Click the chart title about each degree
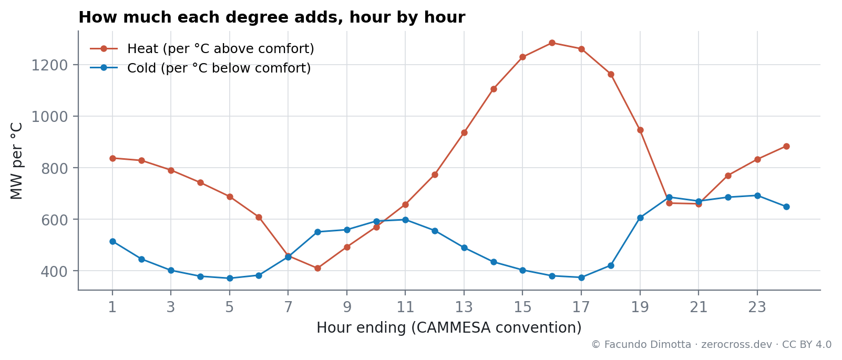click(x=272, y=17)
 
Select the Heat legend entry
click(x=202, y=49)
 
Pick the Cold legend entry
click(x=201, y=68)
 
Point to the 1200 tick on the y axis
click(x=49, y=65)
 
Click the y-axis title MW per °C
click(x=16, y=161)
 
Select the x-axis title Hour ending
click(x=449, y=328)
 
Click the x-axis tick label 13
click(x=464, y=307)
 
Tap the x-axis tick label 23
click(x=757, y=307)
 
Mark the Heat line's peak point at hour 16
click(x=552, y=43)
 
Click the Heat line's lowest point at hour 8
click(x=317, y=269)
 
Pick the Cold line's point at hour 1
click(x=112, y=242)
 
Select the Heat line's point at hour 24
click(x=786, y=147)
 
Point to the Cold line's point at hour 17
click(x=581, y=277)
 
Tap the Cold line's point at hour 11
click(x=405, y=220)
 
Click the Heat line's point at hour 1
click(x=112, y=158)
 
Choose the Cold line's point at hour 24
click(x=786, y=207)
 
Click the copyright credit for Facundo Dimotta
click(x=711, y=345)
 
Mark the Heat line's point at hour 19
click(x=640, y=130)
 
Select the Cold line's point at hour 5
click(x=230, y=279)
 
